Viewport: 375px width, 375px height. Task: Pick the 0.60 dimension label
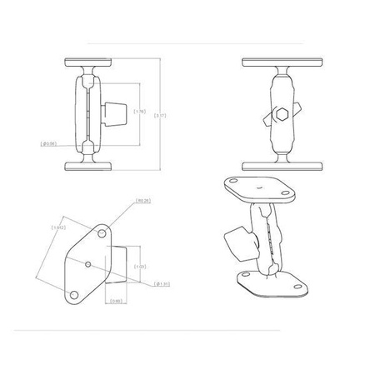click(x=117, y=301)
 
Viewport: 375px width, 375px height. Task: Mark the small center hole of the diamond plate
click(x=89, y=266)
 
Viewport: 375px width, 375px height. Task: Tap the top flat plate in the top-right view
click(x=278, y=62)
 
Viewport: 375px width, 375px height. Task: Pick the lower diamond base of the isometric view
click(x=272, y=283)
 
